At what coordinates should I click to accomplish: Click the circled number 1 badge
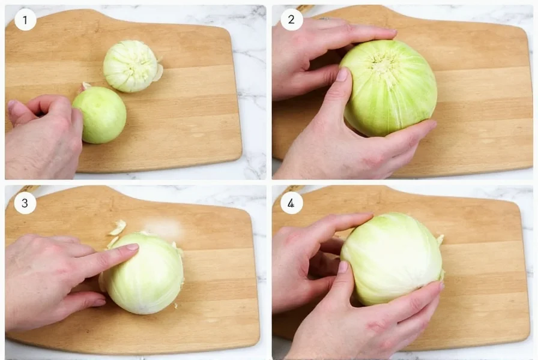point(25,20)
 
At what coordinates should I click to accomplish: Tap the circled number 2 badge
point(291,20)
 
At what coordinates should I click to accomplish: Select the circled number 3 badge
point(25,203)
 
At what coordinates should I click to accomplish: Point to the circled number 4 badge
point(291,203)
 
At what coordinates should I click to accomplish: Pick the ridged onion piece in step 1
point(131,66)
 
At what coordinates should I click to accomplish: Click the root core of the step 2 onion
point(384,63)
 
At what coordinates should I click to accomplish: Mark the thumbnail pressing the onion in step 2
point(342,75)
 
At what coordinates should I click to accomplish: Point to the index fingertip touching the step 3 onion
point(131,247)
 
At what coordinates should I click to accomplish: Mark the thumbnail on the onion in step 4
point(343,267)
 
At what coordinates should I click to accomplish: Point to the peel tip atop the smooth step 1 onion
point(85,86)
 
